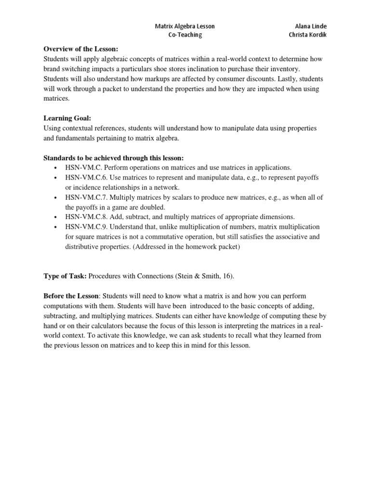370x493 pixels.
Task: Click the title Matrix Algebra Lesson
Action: pos(185,26)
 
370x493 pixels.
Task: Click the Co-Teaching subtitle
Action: pos(185,35)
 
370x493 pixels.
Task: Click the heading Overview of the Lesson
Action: pos(80,49)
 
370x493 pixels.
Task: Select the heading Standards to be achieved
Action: pos(113,157)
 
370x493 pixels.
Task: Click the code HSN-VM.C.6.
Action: pos(85,178)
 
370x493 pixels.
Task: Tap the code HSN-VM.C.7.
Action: pos(85,197)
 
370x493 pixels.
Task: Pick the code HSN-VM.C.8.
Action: pos(85,217)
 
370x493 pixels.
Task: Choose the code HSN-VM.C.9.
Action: pos(85,227)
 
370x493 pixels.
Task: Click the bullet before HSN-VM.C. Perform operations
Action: pos(56,168)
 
